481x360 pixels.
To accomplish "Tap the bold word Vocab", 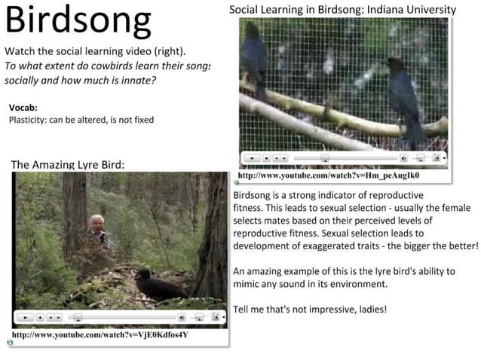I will [x=23, y=108].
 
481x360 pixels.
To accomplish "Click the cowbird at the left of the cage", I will [x=257, y=60].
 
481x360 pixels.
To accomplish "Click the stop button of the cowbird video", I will [x=267, y=159].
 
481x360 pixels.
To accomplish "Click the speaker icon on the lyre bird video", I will [x=181, y=318].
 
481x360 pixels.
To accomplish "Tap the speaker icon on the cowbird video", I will [x=404, y=159].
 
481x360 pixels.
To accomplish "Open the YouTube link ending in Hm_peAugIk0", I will [x=328, y=175].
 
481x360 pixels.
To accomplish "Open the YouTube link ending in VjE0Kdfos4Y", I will [x=100, y=334].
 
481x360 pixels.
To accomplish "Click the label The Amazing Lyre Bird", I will [x=68, y=164].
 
